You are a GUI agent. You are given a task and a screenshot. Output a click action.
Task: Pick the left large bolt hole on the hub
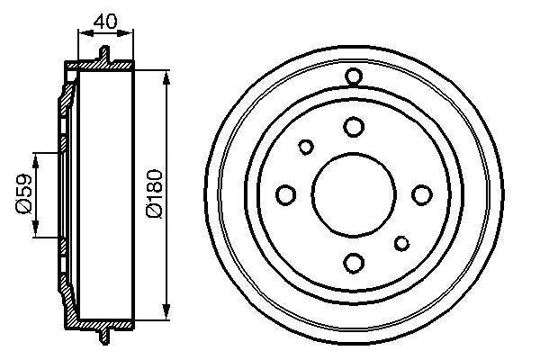pyautogui.click(x=286, y=193)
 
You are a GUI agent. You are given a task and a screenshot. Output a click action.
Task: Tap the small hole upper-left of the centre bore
pyautogui.click(x=306, y=146)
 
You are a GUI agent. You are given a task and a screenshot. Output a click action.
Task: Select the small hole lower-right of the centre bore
pyautogui.click(x=401, y=241)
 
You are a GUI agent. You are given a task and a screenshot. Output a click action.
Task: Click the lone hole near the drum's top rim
pyautogui.click(x=354, y=76)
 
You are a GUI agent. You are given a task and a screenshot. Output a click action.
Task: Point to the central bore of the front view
pyautogui.click(x=354, y=193)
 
